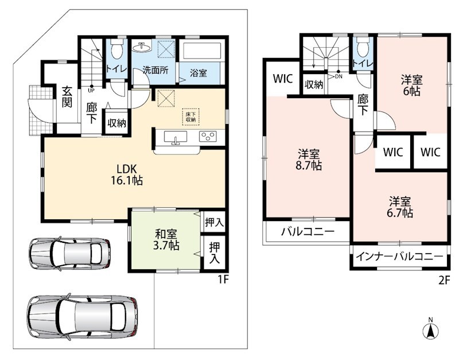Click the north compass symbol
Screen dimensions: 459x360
point(431,329)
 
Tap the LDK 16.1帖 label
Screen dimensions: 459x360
point(127,175)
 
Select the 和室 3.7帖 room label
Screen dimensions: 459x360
point(166,239)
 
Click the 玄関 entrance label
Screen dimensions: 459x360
point(67,97)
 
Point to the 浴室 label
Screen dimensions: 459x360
point(199,73)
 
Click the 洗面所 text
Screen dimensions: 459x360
point(155,70)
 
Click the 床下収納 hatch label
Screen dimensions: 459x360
point(190,117)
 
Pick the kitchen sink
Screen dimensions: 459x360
point(176,137)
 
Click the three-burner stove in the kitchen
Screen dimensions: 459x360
point(208,137)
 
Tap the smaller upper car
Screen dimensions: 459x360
point(70,253)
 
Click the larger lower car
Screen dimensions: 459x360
point(82,316)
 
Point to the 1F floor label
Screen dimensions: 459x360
point(223,280)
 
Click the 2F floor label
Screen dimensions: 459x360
point(444,281)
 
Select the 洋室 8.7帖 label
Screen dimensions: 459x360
point(309,160)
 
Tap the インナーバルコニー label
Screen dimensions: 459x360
point(399,257)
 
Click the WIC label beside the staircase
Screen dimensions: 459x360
point(283,79)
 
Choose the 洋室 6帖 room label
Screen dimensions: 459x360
point(411,85)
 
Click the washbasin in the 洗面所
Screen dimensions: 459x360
point(142,47)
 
